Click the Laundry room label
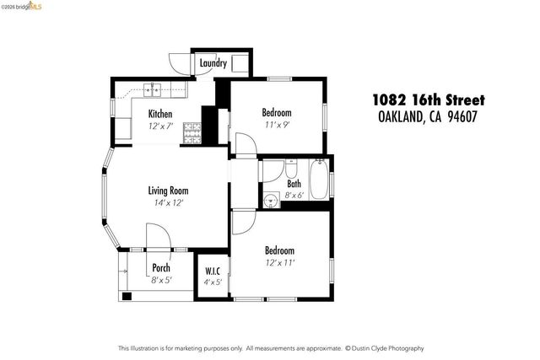tap(213, 63)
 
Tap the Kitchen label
tap(160, 114)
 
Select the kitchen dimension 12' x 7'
tap(160, 126)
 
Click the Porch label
tap(161, 268)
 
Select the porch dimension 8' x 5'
tap(161, 280)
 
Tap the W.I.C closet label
tap(213, 271)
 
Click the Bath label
tap(294, 183)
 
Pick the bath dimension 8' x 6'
tap(294, 195)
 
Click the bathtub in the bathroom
tap(319, 180)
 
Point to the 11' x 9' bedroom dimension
tap(277, 125)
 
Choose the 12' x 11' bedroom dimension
tap(279, 263)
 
